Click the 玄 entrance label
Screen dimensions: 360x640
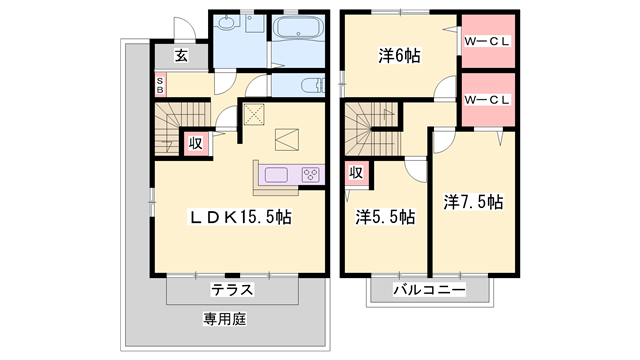click(181, 56)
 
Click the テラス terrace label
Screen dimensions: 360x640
click(232, 290)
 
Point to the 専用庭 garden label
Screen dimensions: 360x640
click(226, 321)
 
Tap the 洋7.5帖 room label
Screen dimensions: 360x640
click(473, 201)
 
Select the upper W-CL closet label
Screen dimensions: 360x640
click(488, 41)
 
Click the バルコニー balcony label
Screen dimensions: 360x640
click(428, 290)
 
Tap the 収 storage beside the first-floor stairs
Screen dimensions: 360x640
click(196, 142)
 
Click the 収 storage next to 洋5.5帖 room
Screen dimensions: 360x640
click(355, 173)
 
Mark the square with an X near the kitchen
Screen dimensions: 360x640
click(254, 115)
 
